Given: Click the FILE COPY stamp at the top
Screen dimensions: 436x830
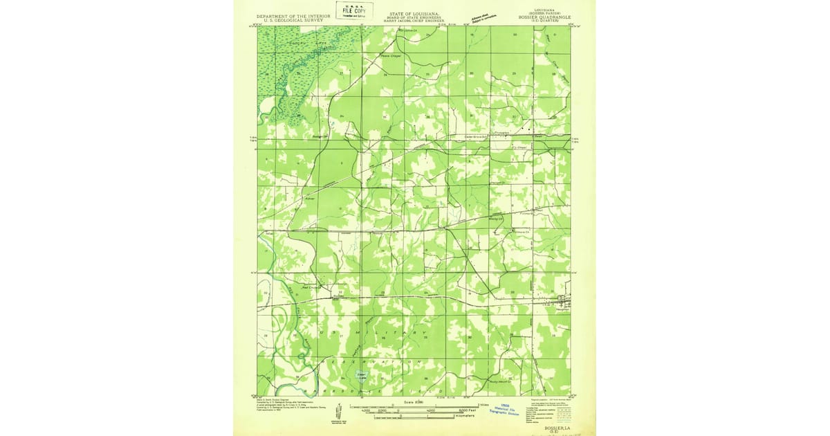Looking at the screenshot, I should [351, 10].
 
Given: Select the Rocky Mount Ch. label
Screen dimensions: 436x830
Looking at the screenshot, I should [499, 381].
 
